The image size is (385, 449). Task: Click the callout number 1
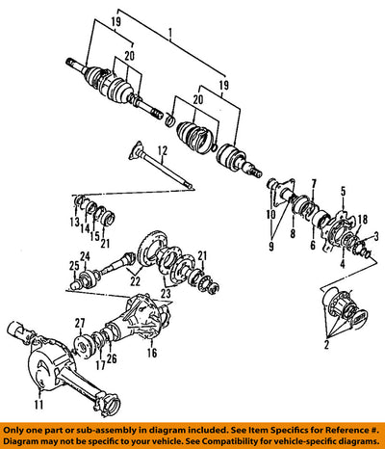(170, 33)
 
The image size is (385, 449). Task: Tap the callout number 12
(163, 150)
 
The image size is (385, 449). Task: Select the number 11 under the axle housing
(38, 405)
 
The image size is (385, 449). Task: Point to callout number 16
(152, 353)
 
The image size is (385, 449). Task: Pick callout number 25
(74, 266)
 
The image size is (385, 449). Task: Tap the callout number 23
(167, 293)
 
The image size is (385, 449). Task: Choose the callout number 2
(326, 345)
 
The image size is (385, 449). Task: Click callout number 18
(362, 220)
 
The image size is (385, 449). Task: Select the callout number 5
(343, 192)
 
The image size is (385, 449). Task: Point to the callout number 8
(293, 233)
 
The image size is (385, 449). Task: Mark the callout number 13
(75, 222)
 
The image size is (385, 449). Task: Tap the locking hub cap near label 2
(359, 316)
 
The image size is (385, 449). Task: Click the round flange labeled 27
(83, 346)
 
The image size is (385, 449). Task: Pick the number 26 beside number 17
(112, 358)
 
